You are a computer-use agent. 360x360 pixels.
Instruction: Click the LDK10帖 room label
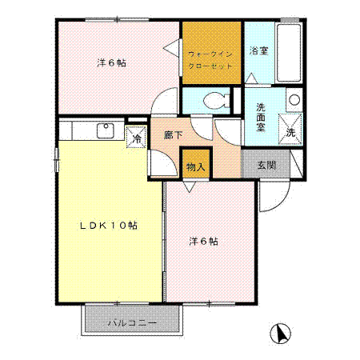tap(108, 226)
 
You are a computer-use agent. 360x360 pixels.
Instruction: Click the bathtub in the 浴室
tap(289, 53)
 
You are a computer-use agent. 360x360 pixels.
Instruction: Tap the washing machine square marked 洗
tap(290, 128)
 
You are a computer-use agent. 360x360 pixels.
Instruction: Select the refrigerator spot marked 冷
tap(137, 138)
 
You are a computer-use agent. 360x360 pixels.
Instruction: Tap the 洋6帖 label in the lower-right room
tap(204, 240)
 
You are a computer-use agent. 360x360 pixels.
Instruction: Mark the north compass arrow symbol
tap(279, 334)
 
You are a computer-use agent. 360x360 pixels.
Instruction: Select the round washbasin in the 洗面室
tap(294, 101)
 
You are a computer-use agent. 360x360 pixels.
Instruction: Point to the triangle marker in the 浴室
tap(252, 78)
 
